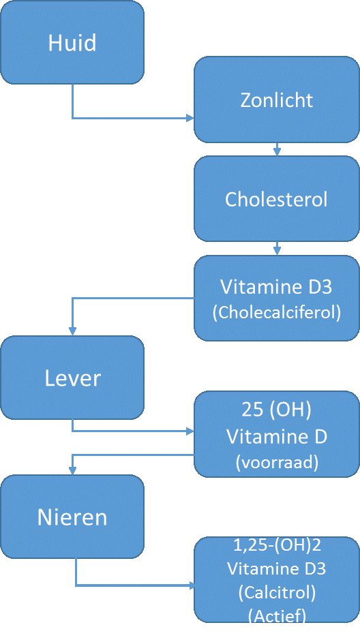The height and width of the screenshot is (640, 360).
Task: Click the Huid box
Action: point(72,42)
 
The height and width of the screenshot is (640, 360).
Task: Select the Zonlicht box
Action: point(277,100)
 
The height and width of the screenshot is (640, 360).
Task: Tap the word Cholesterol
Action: point(276,200)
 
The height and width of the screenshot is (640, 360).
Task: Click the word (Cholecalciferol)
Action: point(277,313)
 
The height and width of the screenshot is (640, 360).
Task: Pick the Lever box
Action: point(72,378)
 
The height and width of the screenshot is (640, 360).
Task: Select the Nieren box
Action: point(72,517)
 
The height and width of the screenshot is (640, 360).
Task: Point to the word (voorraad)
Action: point(277,462)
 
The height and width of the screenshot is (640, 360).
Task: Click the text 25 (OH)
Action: point(276,410)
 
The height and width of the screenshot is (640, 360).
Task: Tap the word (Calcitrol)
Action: point(277,592)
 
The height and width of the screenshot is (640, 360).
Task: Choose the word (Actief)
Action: point(277,615)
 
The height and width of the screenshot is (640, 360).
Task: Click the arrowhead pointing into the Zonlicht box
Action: point(190,118)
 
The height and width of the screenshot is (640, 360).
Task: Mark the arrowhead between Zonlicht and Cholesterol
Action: point(277,152)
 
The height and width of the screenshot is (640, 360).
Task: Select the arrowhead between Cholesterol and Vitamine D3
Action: point(277,252)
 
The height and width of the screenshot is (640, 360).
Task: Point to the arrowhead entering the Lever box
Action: point(73,332)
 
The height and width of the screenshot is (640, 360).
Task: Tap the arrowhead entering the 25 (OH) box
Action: point(190,431)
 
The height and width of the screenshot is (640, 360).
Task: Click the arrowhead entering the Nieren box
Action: point(73,470)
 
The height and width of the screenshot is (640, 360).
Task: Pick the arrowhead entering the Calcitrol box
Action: point(190,585)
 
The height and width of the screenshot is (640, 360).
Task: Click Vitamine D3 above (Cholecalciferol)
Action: point(276,286)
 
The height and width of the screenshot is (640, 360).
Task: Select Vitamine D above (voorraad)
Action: point(277,437)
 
